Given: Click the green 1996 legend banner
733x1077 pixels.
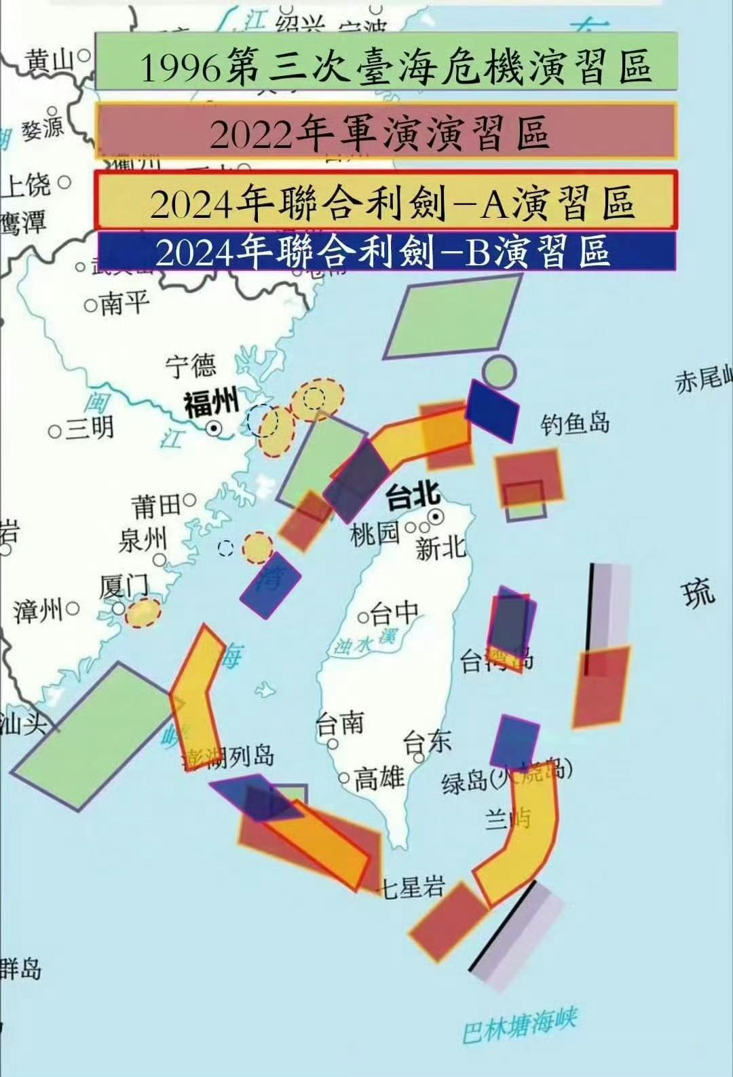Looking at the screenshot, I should pyautogui.click(x=387, y=61).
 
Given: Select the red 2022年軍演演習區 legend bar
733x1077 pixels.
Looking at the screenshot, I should pyautogui.click(x=387, y=130).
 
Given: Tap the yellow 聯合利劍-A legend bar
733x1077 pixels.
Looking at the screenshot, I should pyautogui.click(x=387, y=200).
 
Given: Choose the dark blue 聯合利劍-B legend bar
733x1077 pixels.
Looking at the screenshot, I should pyautogui.click(x=387, y=251).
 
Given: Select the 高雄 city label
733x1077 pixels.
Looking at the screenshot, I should pyautogui.click(x=379, y=777).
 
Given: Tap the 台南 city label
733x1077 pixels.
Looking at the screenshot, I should pyautogui.click(x=339, y=724).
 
